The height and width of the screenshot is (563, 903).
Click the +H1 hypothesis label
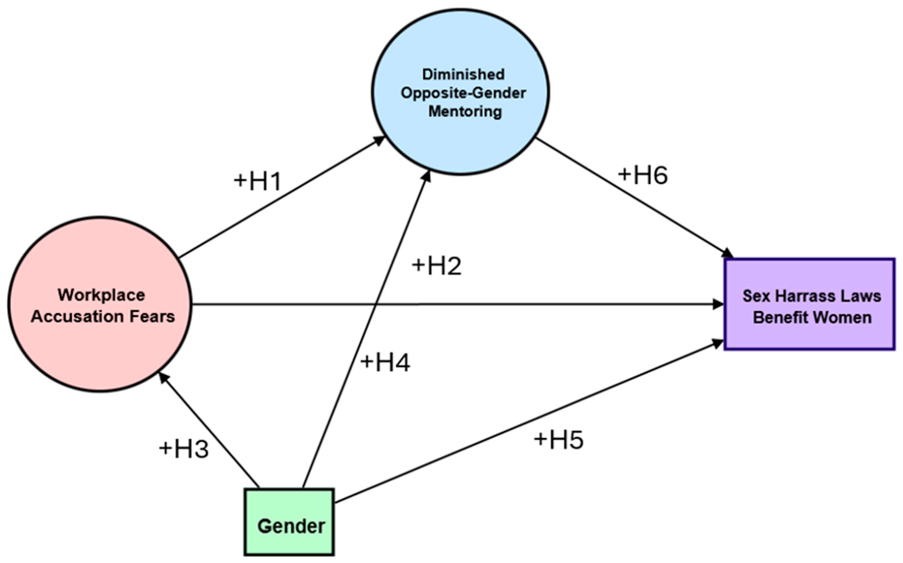258,181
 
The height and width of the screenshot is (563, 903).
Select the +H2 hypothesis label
436,266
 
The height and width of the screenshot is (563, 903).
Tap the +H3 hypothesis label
184,449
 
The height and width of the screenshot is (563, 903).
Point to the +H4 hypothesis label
385,363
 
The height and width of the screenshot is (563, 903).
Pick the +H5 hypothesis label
559,440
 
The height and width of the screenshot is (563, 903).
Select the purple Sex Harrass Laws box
810,304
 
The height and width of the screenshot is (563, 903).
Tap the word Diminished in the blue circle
463,74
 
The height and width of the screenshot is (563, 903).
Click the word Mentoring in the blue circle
465,111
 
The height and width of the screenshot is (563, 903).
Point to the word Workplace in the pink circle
101,295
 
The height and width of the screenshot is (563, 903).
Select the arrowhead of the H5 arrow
719,343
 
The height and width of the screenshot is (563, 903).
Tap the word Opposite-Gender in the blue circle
463,93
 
